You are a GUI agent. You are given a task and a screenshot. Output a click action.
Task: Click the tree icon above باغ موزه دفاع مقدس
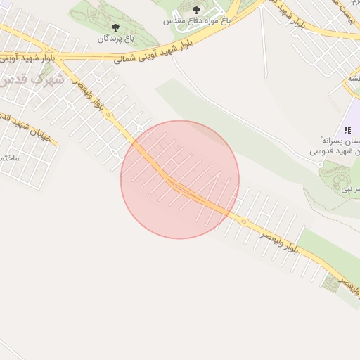pyautogui.click(x=195, y=10)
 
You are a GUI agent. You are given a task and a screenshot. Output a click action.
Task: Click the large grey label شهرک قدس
pyautogui.click(x=32, y=79)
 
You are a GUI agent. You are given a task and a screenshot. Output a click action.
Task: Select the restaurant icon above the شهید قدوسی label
pyautogui.click(x=347, y=130)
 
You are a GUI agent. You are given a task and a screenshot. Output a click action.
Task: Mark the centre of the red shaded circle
pyautogui.click(x=180, y=179)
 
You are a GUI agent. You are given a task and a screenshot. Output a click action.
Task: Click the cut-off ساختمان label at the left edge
pyautogui.click(x=10, y=158)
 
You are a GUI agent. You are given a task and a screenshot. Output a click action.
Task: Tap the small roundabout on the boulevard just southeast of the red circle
pyautogui.click(x=243, y=221)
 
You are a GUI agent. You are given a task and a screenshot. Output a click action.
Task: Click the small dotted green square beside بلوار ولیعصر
pyautogui.click(x=330, y=283)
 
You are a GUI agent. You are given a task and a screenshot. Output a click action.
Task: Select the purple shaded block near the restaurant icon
pyautogui.click(x=353, y=116)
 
